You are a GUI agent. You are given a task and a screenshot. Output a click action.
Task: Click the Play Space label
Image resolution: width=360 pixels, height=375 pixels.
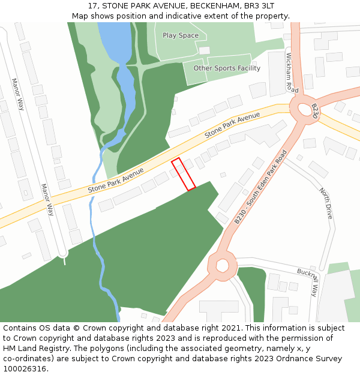[180, 35]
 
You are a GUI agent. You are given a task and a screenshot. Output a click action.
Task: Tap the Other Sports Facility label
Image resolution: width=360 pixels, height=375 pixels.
[227, 68]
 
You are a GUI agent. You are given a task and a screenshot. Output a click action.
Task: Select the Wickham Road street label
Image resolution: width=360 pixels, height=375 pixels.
[291, 73]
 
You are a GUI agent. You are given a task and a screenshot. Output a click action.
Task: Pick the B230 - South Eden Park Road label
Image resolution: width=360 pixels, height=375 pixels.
[260, 187]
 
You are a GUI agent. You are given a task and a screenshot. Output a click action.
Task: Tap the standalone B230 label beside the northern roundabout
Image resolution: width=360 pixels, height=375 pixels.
[314, 111]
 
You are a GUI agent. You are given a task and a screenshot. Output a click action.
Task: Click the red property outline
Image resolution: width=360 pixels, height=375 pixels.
[184, 175]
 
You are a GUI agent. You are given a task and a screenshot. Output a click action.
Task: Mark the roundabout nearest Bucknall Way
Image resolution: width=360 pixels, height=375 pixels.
[223, 265]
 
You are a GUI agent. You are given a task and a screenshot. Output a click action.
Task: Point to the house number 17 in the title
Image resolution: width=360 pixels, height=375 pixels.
[92, 6]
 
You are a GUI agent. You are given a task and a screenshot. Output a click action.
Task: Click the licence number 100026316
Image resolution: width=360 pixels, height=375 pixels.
[25, 369]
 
